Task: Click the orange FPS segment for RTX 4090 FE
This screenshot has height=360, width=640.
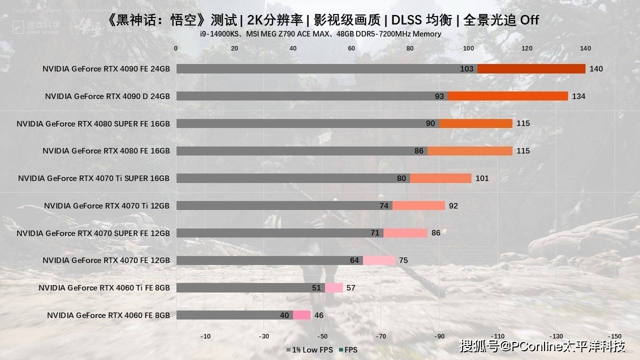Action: pyautogui.click(x=531, y=69)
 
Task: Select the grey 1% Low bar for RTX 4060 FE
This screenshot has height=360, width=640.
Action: pyautogui.click(x=234, y=315)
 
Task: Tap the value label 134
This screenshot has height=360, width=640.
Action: pyautogui.click(x=578, y=96)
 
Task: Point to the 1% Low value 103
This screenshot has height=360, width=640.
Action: pyautogui.click(x=466, y=69)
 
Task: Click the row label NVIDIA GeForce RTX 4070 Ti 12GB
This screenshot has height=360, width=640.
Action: pyautogui.click(x=106, y=205)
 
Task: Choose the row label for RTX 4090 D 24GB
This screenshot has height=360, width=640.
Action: pyautogui.click(x=107, y=96)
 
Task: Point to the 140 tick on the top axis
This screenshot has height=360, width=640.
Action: pyautogui.click(x=585, y=48)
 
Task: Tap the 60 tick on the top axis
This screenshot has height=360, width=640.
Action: pyautogui.click(x=351, y=48)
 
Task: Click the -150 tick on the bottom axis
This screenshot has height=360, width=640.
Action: pyautogui.click(x=614, y=336)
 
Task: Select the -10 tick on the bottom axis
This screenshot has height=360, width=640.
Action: pyautogui.click(x=205, y=336)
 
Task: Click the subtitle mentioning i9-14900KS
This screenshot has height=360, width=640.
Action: pyautogui.click(x=320, y=34)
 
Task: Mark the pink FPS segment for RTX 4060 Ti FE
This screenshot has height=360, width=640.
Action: pyautogui.click(x=334, y=287)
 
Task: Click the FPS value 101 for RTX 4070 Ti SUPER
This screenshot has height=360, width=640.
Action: pyautogui.click(x=482, y=178)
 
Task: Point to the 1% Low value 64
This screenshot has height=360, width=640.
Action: pyautogui.click(x=354, y=260)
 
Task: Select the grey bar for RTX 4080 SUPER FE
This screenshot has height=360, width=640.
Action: pyautogui.click(x=307, y=123)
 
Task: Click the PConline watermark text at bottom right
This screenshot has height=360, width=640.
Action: pyautogui.click(x=542, y=346)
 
